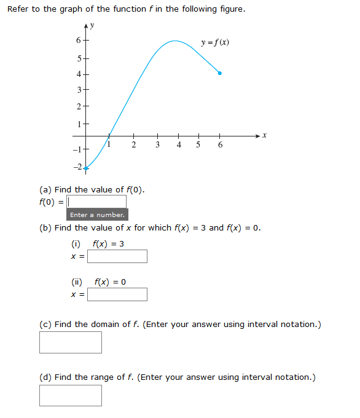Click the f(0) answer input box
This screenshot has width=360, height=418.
(x=97, y=202)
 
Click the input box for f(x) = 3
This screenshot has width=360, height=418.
(x=117, y=256)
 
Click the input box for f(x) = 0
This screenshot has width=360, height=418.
(x=117, y=294)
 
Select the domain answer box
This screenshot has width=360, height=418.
(x=71, y=342)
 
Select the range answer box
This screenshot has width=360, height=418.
(x=71, y=395)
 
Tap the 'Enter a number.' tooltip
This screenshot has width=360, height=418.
(x=97, y=215)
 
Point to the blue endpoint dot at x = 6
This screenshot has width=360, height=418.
(x=220, y=73)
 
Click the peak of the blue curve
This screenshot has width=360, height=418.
(x=175, y=41)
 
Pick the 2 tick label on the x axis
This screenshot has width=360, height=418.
(x=134, y=145)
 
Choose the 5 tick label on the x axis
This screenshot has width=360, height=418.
(x=198, y=145)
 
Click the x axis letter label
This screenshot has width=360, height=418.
(x=264, y=135)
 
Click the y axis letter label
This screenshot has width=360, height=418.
(x=94, y=26)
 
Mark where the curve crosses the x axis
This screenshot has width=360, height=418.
(x=109, y=135)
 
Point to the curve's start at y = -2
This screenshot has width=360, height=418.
(x=86, y=167)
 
